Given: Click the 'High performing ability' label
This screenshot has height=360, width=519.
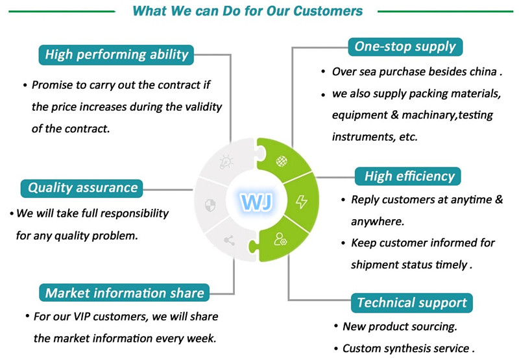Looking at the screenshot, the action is (x=116, y=54).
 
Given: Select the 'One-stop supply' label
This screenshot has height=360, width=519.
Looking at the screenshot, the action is (x=405, y=47).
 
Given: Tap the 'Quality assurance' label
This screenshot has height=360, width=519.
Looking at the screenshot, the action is (x=82, y=188).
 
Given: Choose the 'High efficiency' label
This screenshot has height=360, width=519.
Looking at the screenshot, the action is (x=408, y=176).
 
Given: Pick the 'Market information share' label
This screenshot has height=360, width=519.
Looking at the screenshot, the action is (x=124, y=293).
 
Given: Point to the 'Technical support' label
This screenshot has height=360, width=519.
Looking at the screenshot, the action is (x=412, y=303).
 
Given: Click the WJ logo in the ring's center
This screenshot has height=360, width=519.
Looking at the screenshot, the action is (x=256, y=202).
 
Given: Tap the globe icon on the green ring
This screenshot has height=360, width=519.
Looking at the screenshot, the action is (x=282, y=162).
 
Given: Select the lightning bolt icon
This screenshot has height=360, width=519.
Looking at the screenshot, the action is (x=301, y=202).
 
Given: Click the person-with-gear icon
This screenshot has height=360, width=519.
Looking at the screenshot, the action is (x=280, y=239).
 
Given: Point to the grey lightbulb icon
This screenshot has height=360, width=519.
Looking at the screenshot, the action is (x=226, y=162).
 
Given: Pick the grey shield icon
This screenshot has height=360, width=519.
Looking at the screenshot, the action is (x=210, y=205).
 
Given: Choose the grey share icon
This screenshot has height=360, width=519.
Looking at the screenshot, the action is (x=229, y=240).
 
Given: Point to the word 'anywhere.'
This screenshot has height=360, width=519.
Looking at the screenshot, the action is (x=378, y=222).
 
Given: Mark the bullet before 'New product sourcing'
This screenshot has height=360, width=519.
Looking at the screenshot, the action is (x=336, y=326).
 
